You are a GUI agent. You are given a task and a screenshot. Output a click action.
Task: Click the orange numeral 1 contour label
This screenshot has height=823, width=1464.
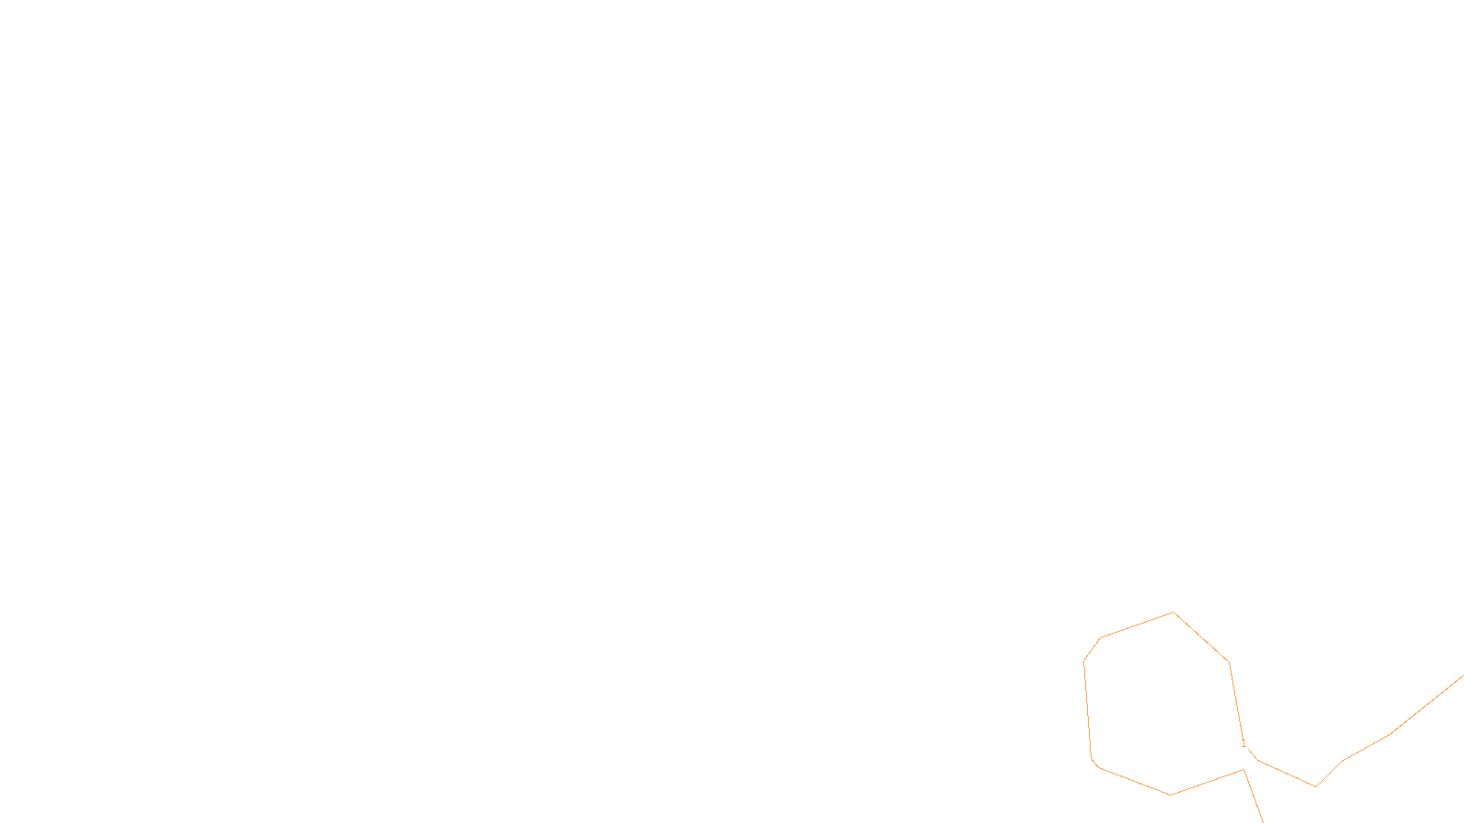(x=1243, y=744)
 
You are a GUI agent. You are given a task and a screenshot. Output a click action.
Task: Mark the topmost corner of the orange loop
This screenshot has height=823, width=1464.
(x=1173, y=613)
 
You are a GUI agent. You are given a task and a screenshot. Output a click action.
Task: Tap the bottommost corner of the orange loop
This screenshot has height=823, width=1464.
(x=1170, y=795)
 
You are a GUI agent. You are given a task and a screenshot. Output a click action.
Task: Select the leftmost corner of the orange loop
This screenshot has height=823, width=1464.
(x=1084, y=661)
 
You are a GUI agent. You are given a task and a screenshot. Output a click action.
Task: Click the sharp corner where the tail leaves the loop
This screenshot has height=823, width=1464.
(x=1243, y=770)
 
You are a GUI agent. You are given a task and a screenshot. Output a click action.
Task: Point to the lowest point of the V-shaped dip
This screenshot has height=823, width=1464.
(x=1316, y=786)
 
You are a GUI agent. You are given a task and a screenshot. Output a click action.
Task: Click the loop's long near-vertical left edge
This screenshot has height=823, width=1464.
(x=1088, y=709)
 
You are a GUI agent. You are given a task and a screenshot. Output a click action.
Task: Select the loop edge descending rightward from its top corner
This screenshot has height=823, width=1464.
(x=1201, y=638)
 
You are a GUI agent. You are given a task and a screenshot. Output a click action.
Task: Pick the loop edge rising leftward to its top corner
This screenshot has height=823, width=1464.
(x=1136, y=625)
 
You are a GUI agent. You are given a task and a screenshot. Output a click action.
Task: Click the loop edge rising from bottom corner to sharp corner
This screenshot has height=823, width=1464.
(x=1208, y=782)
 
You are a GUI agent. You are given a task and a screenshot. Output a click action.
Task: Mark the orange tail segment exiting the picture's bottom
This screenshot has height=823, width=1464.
(x=1254, y=797)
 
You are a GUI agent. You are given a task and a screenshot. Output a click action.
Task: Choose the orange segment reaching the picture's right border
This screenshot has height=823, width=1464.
(x=1427, y=705)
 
